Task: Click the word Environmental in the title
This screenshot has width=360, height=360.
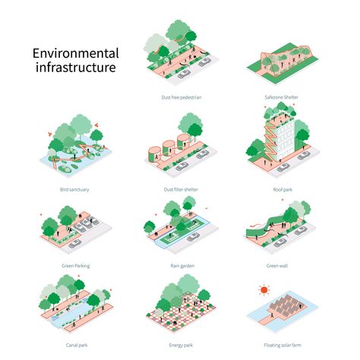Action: pyautogui.click(x=75, y=53)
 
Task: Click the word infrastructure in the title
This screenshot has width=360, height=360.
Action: pyautogui.click(x=75, y=67)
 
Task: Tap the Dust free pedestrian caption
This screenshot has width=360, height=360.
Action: pyautogui.click(x=182, y=97)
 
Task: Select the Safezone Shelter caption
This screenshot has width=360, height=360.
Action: pyautogui.click(x=281, y=97)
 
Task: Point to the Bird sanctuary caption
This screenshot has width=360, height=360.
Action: pyautogui.click(x=74, y=189)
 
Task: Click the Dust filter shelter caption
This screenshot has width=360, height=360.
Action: pyautogui.click(x=181, y=189)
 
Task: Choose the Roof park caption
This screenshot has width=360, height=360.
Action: pyautogui.click(x=283, y=189)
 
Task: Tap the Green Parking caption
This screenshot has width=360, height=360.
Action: pyautogui.click(x=76, y=266)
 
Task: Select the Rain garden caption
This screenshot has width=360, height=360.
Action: pyautogui.click(x=182, y=266)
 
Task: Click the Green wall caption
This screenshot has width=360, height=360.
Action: pyautogui.click(x=277, y=266)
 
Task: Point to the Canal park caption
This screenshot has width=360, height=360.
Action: pyautogui.click(x=77, y=345)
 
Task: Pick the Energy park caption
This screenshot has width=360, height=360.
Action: pyautogui.click(x=181, y=345)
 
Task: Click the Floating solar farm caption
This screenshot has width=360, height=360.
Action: pyautogui.click(x=283, y=345)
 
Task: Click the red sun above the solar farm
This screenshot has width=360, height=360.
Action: pyautogui.click(x=264, y=289)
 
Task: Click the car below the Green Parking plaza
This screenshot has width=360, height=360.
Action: pyautogui.click(x=75, y=244)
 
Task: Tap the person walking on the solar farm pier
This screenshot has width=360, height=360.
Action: pyautogui.click(x=273, y=315)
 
